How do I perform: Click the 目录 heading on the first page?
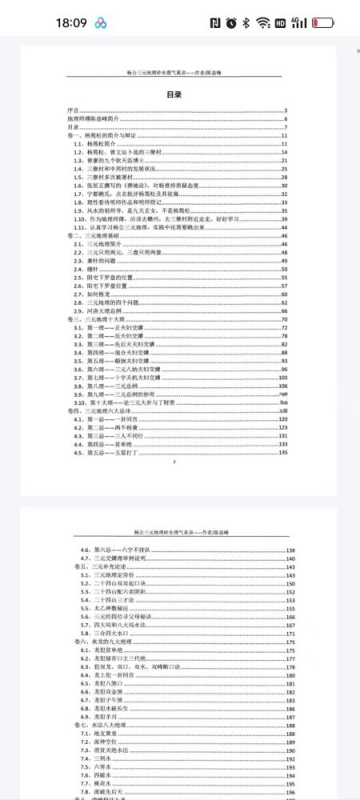[x=174, y=94]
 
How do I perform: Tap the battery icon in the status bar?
[x=324, y=22]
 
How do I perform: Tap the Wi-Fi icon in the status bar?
[x=263, y=22]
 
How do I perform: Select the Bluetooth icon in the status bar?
[x=246, y=22]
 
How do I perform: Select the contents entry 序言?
[x=73, y=110]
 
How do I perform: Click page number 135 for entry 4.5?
[x=282, y=454]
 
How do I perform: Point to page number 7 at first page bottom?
[x=174, y=462]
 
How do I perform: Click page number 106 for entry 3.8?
[x=282, y=386]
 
